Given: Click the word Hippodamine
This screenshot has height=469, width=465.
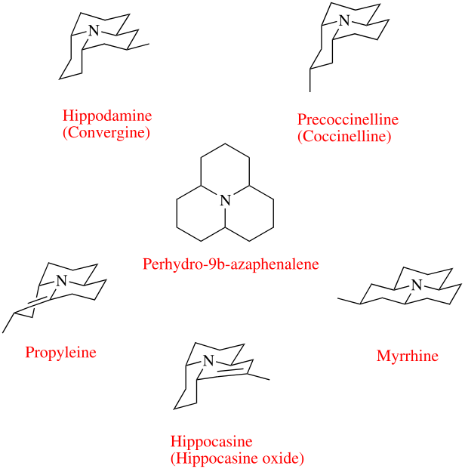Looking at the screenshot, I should click(108, 116).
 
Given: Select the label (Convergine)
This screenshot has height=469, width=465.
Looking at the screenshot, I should click(108, 133).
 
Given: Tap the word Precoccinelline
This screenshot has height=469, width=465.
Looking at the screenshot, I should click(347, 120).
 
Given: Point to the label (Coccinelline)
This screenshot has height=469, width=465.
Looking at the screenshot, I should click(343, 137).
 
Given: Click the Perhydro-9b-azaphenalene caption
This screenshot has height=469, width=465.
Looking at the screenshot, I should click(231, 264).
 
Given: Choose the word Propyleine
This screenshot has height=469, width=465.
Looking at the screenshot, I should click(61, 352).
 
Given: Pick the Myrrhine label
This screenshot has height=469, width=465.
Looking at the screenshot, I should click(407, 356).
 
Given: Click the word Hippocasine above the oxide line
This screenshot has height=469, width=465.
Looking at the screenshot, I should click(211, 442).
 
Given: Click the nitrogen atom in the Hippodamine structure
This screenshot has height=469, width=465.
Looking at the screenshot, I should click(94, 31).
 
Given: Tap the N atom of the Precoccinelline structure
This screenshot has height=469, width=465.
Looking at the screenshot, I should click(344, 20).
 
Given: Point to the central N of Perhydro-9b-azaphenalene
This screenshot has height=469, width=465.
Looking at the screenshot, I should click(224, 200).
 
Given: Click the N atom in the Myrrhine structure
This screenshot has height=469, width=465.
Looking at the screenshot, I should click(415, 285).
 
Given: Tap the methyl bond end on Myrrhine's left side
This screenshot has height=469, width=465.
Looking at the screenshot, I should click(338, 300).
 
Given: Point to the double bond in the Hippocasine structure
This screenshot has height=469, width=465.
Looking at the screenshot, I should click(229, 371).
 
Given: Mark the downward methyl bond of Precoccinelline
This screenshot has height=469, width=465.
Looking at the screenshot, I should click(310, 82).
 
